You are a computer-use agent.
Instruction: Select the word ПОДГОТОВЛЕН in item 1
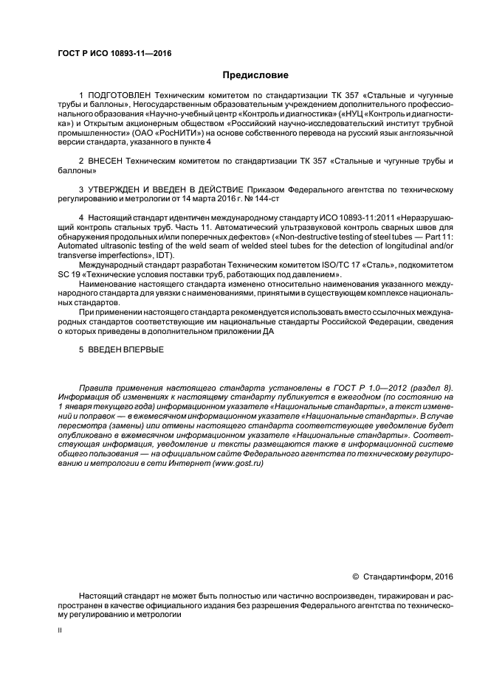coord(119,97)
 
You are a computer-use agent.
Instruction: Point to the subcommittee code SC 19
coord(66,273)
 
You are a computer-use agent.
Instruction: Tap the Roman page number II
coord(61,631)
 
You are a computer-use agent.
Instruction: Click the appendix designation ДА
coord(267,330)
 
